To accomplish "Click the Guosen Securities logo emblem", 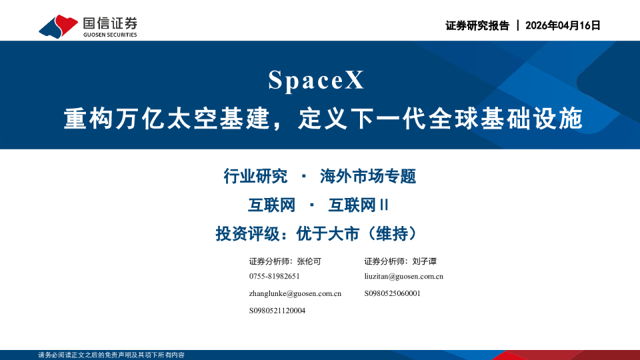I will pyautogui.click(x=58, y=26).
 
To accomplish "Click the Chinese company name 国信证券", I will pyautogui.click(x=110, y=22).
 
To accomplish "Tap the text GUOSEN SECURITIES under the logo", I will pyautogui.click(x=110, y=35).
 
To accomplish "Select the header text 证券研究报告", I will pyautogui.click(x=477, y=25).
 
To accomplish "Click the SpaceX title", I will pyautogui.click(x=317, y=81).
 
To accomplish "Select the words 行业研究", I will pyautogui.click(x=255, y=177).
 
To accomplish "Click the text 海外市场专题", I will pyautogui.click(x=368, y=177).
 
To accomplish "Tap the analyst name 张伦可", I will pyautogui.click(x=309, y=261).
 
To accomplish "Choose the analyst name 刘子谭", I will pyautogui.click(x=424, y=261).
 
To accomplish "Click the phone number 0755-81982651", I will pyautogui.click(x=274, y=276).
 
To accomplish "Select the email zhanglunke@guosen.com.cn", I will pyautogui.click(x=295, y=293).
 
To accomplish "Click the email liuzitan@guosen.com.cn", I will pyautogui.click(x=404, y=276).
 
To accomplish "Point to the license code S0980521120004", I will pyautogui.click(x=277, y=311).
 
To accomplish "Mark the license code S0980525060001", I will pyautogui.click(x=393, y=293).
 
